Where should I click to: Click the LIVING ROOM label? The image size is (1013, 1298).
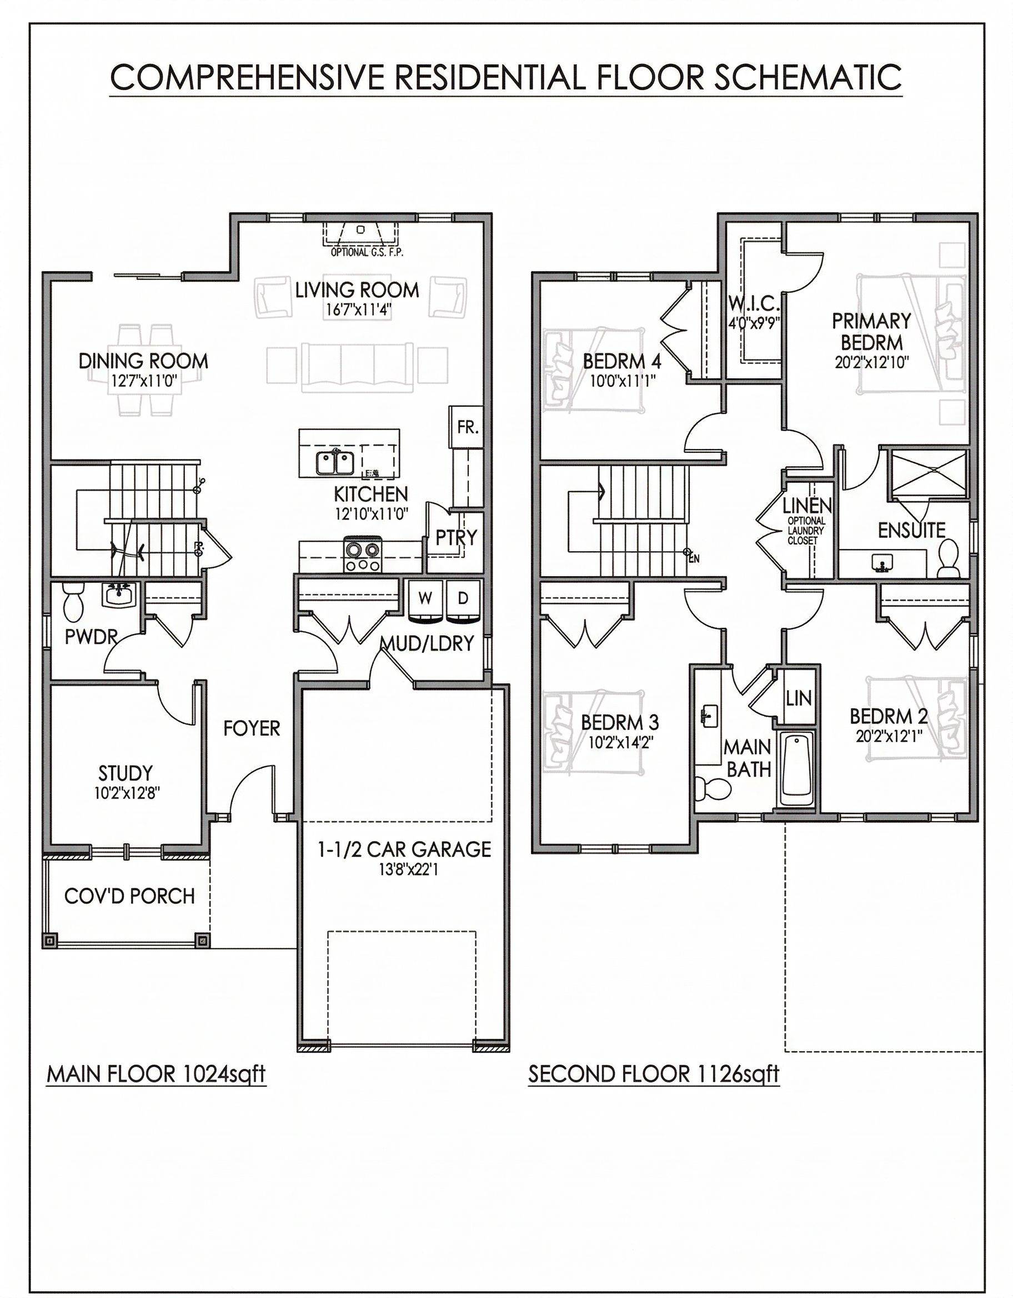click(357, 290)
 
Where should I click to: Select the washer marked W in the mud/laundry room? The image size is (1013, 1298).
click(424, 601)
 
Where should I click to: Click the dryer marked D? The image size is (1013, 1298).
click(463, 601)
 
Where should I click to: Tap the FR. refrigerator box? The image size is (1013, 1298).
click(468, 427)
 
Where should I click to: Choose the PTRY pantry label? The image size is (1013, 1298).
click(456, 538)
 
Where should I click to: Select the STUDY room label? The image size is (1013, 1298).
click(126, 773)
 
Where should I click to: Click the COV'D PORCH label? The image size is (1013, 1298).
click(129, 896)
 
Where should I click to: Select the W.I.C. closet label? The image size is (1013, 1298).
click(753, 304)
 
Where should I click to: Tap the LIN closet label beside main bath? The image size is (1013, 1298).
click(798, 698)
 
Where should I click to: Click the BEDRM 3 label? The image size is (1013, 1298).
click(619, 723)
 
